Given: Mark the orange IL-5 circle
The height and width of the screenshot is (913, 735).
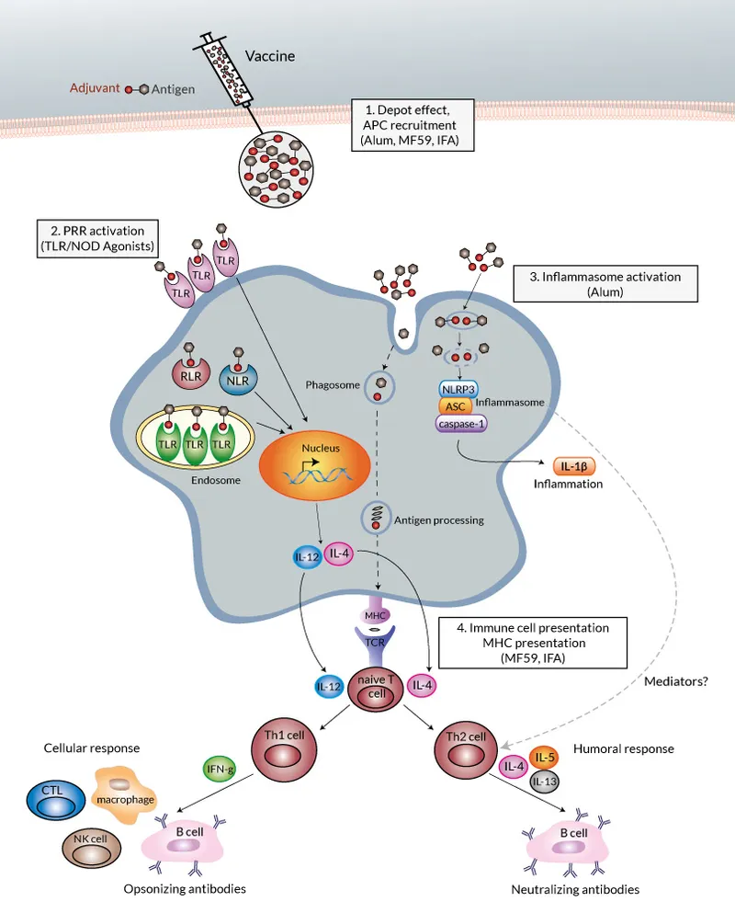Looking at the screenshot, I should point(545,759).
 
